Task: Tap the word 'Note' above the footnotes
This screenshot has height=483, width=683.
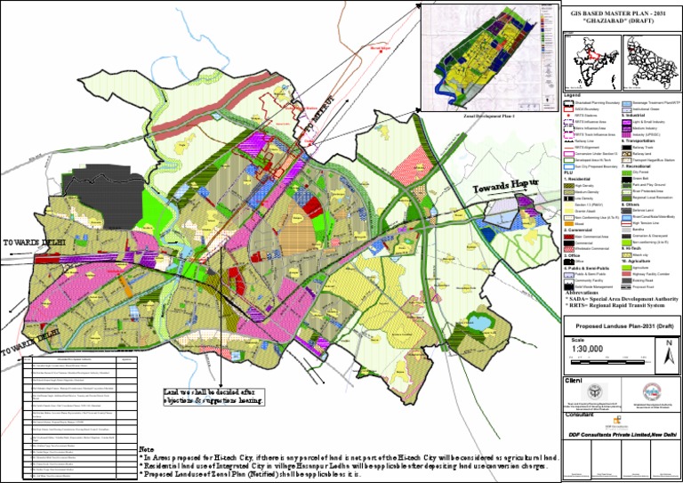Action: click(148, 450)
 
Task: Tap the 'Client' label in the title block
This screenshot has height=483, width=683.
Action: click(573, 380)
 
